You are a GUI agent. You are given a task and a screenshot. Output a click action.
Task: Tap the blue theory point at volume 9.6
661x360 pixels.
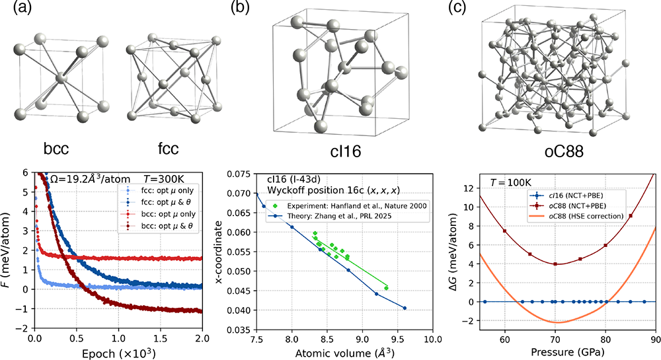point(405,308)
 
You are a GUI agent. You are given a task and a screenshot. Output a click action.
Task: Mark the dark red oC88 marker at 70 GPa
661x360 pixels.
point(556,264)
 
